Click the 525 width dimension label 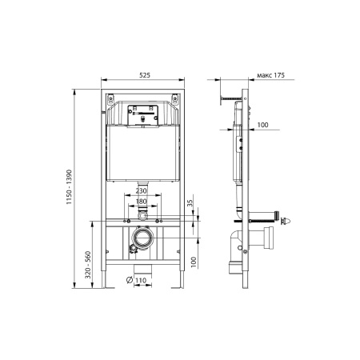[x=145, y=75]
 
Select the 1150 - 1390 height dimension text [x=69, y=187]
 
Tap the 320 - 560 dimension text [x=88, y=265]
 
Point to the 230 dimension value [x=141, y=190]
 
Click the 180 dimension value [x=142, y=202]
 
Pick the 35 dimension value [x=190, y=203]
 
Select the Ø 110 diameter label [x=136, y=280]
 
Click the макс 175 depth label [x=270, y=75]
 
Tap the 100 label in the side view [x=263, y=125]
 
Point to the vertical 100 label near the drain [x=194, y=262]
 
